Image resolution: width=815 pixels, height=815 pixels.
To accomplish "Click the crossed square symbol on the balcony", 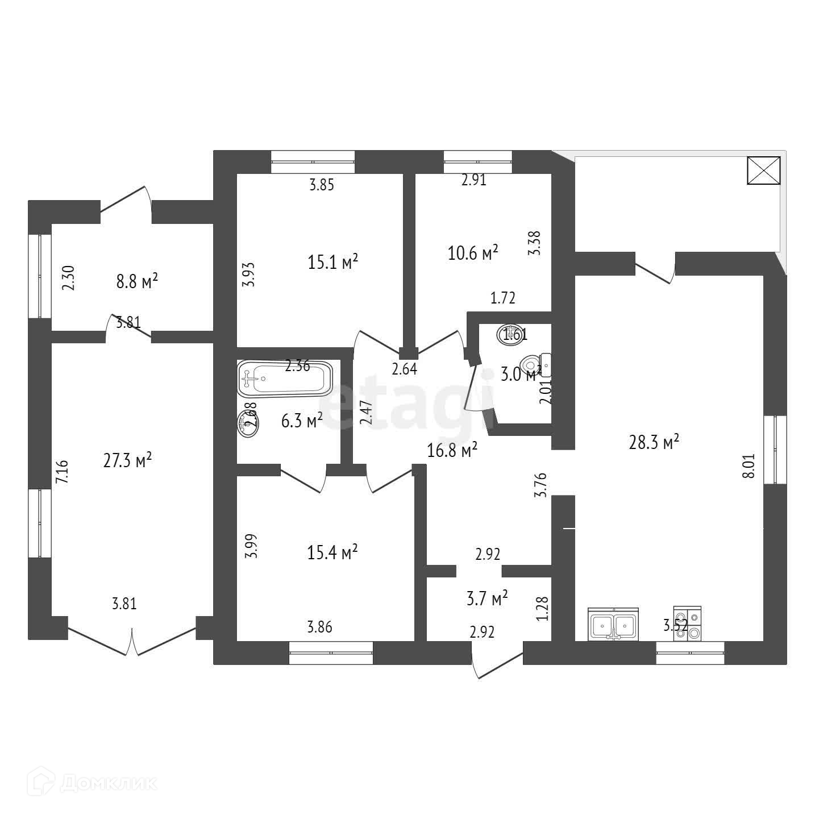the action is (x=763, y=171).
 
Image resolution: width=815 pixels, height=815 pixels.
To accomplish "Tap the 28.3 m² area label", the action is (x=654, y=442).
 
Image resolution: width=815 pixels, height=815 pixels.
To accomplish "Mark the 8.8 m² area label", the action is (x=137, y=281).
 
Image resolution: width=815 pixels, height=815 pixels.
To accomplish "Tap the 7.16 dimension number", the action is (x=62, y=472).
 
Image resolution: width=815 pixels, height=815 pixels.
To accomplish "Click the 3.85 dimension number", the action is (x=321, y=185).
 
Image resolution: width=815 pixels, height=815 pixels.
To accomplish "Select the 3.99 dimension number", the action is (x=252, y=546).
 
